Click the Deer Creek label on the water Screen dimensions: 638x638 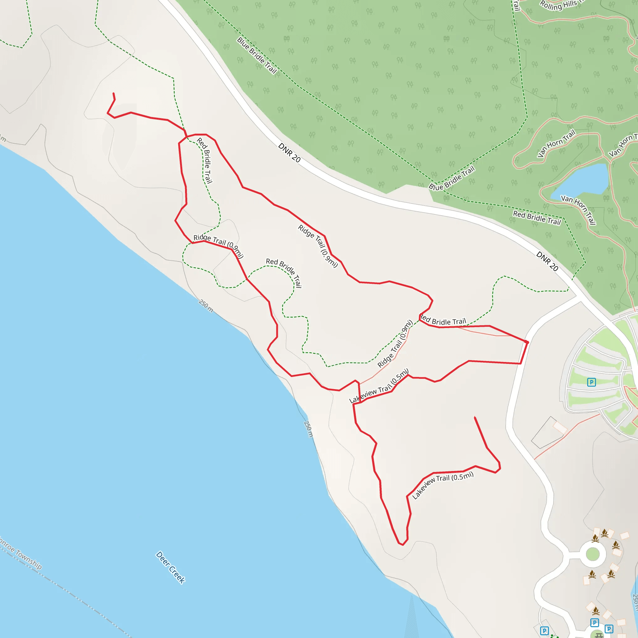coord(170,567)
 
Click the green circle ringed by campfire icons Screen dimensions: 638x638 coord(593,554)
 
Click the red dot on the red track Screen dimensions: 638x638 coord(527,342)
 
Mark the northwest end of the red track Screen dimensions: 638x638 coord(113,93)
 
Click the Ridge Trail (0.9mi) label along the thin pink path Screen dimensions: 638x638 coord(395,344)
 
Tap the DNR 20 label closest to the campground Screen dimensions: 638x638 coord(547,261)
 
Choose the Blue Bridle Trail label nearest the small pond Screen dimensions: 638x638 coord(451,178)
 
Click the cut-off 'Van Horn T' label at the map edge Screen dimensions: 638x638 coord(623,145)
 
